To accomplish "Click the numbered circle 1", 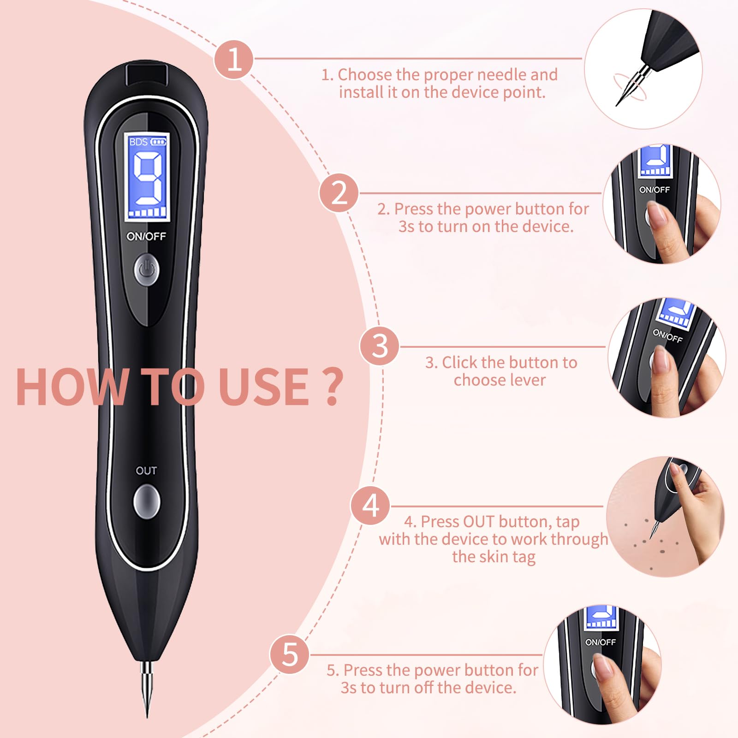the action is click(x=234, y=60).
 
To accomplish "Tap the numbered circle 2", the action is click(x=339, y=193).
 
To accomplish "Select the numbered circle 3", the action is click(x=380, y=346).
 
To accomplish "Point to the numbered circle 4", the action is click(x=370, y=506).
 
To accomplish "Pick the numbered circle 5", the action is click(x=290, y=654).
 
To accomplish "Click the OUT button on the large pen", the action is click(x=147, y=501).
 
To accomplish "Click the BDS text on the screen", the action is click(x=138, y=142).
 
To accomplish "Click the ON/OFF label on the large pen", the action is click(x=146, y=236).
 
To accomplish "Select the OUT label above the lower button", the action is click(x=146, y=470).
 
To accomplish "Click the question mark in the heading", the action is click(x=332, y=387).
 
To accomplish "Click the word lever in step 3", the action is click(x=526, y=380).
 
